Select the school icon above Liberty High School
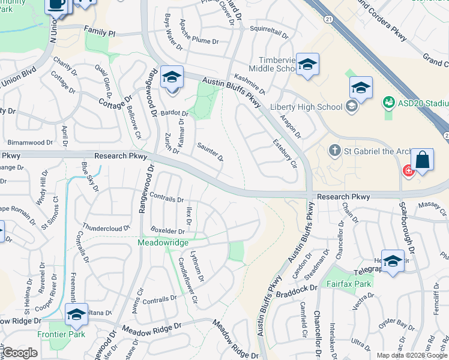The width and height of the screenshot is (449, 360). coord(361,88)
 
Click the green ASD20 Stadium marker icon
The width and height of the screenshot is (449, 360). coord(388,103)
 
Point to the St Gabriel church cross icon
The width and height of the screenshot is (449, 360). coord(334,150)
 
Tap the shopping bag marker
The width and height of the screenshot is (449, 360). coord(423,160)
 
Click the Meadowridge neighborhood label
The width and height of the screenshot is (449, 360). coord(163,242)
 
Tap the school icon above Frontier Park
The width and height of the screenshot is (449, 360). coord(76,314)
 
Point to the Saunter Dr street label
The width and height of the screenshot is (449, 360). coord(211,151)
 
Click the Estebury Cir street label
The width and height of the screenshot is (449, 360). coord(285,154)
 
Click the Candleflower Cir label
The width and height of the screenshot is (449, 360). coord(188,280)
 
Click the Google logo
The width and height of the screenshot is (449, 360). coord(20,353)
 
